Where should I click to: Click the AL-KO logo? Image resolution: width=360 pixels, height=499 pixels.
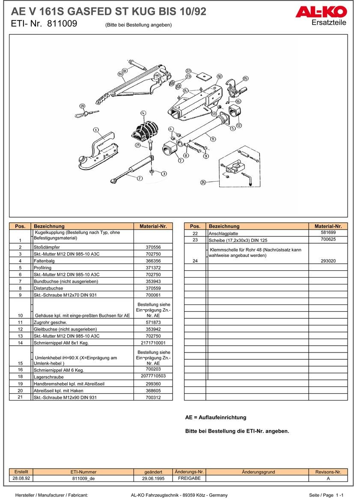coord(321,12)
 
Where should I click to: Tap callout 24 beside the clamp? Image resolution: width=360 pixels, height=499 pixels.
coord(203,182)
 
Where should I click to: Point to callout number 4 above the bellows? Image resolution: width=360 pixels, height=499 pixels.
coord(143,113)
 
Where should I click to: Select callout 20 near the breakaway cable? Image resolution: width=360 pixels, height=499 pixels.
coord(82,106)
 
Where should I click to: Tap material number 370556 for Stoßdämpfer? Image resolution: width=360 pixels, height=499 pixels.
coord(153,247)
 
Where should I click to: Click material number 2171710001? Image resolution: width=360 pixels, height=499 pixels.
coord(153,343)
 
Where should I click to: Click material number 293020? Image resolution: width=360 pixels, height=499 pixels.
coord(328,260)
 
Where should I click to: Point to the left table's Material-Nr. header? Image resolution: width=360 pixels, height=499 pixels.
coord(153,226)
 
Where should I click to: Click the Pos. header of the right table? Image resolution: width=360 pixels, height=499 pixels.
coord(195,226)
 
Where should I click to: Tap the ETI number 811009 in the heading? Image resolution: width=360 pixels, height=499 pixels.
coord(62,24)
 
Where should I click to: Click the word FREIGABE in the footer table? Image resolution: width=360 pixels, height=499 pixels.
coord(189,478)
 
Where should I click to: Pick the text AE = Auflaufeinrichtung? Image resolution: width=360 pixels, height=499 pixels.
coord(216,417)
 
